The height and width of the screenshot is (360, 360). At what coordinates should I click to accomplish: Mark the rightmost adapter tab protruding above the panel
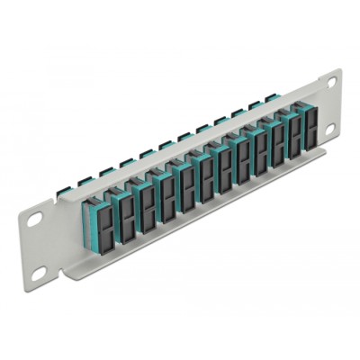coord(270,99)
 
